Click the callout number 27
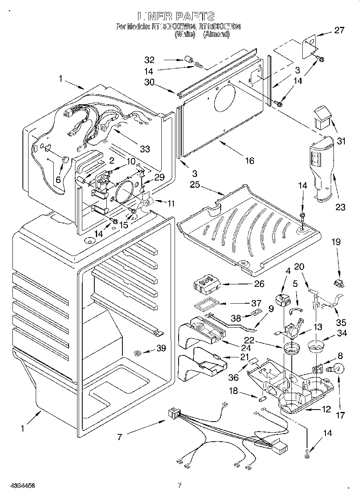point(339,30)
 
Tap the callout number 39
point(161,348)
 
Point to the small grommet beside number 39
point(138,353)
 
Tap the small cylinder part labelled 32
point(187,61)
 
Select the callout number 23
point(340,207)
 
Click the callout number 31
point(340,141)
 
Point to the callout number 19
point(336,241)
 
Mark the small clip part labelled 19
point(339,284)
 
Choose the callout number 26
point(259,284)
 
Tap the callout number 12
point(325,409)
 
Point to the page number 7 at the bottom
point(180,485)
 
